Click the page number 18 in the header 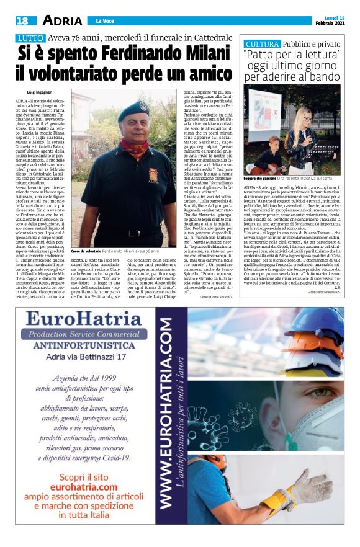pyautogui.click(x=22, y=20)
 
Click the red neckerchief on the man pyautogui.click(x=132, y=148)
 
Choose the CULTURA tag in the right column pyautogui.click(x=262, y=45)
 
